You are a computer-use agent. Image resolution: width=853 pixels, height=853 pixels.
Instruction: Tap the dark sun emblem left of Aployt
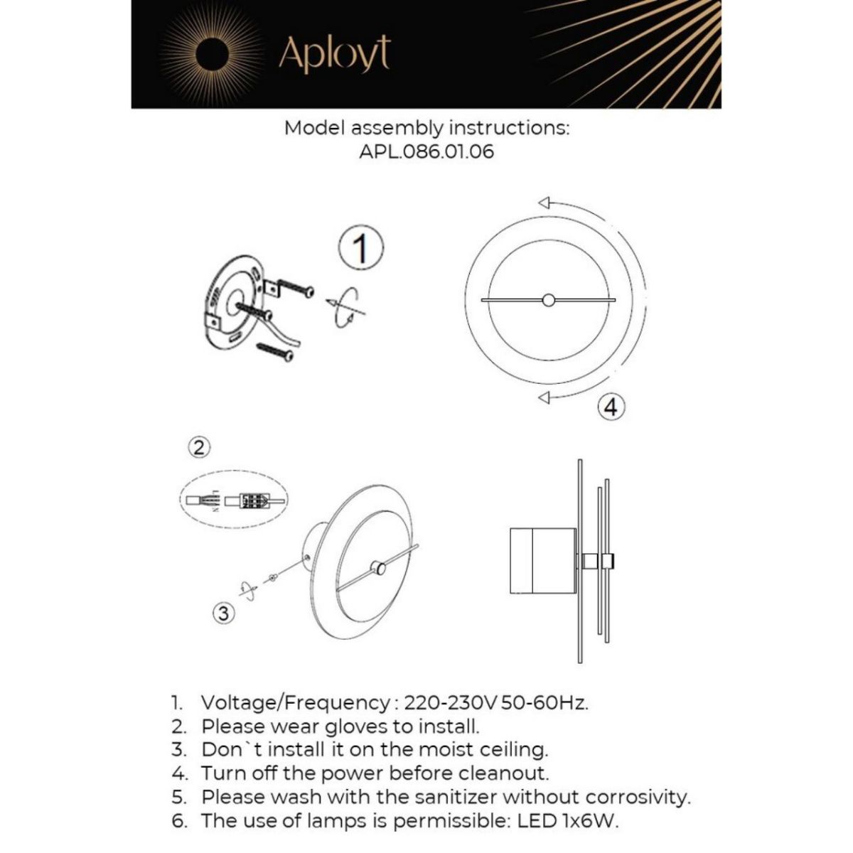point(213,54)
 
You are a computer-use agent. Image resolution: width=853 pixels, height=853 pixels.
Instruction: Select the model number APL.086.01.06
point(426,151)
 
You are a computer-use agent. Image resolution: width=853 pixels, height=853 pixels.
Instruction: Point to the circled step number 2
point(200,446)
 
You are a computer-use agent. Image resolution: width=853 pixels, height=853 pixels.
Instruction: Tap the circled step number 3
point(224,612)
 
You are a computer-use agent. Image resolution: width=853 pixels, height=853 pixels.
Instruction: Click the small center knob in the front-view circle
point(548,300)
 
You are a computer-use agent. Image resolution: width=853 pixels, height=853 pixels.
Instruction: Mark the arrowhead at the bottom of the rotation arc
point(544,398)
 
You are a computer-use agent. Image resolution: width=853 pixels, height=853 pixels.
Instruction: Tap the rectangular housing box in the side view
point(543,561)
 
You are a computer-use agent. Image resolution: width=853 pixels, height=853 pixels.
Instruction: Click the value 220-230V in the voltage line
point(450,703)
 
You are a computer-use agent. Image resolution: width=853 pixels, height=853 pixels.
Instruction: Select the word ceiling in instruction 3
point(509,749)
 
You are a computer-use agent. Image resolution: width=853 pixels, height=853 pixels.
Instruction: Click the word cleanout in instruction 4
point(504,773)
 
